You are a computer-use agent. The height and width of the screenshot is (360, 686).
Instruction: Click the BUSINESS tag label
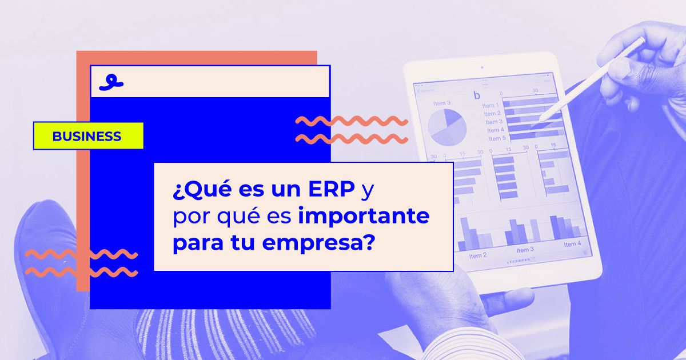(87, 137)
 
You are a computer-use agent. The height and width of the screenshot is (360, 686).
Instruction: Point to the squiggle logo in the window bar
(111, 82)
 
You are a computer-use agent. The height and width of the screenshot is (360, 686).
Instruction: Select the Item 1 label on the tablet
(490, 106)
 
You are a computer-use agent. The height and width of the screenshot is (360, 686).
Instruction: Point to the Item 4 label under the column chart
(572, 244)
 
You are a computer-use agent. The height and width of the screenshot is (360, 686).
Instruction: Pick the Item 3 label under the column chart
(525, 250)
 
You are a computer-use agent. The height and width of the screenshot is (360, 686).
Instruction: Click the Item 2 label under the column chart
(478, 255)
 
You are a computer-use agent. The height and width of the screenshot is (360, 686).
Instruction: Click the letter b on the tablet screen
(476, 95)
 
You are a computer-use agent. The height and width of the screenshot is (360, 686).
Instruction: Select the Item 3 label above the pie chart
(441, 103)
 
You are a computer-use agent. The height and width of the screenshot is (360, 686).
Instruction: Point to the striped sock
(171, 334)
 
